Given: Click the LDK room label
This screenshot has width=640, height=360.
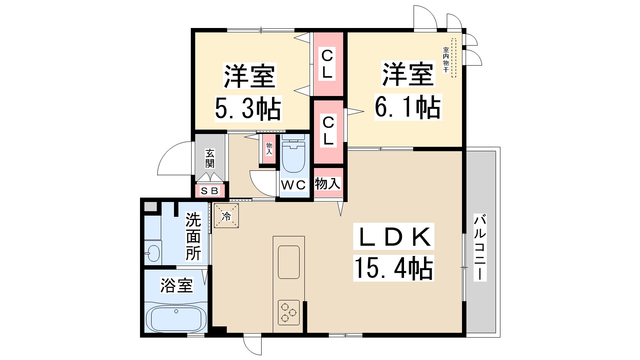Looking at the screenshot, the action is click(394, 236).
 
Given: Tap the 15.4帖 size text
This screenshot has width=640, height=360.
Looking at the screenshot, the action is click(394, 268).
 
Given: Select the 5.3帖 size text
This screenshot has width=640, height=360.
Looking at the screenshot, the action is click(248, 108).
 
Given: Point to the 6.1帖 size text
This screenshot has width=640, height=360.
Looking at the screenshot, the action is click(408, 107).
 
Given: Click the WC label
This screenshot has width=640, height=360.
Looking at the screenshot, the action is click(294, 185).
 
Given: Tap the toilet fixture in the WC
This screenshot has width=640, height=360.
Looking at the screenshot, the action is click(294, 153).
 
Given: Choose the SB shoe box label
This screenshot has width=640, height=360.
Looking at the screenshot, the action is click(210, 191).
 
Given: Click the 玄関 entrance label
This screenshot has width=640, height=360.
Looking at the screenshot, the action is click(210, 158).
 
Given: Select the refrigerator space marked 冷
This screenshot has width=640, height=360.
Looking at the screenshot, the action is click(226, 216).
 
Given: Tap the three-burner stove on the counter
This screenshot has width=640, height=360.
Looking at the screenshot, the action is click(288, 312).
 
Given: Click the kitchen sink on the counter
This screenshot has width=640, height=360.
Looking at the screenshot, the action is click(288, 262).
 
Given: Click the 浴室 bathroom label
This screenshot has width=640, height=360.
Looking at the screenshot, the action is click(176, 285).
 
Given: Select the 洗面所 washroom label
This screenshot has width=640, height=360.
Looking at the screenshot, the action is click(193, 236).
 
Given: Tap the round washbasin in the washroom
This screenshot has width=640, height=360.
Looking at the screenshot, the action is click(154, 253).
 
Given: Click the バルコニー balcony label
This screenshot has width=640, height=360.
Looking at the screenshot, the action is click(480, 247).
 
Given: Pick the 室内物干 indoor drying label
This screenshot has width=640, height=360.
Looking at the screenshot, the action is click(446, 60).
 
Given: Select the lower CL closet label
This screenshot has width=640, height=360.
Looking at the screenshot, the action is click(328, 130).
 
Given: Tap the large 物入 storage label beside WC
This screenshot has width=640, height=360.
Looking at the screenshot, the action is click(328, 183).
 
